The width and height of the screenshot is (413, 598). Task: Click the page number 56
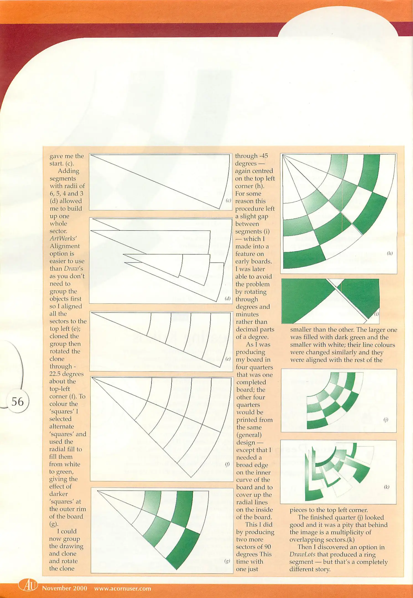pyautogui.click(x=17, y=402)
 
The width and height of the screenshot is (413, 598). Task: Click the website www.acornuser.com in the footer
pyautogui.click(x=123, y=588)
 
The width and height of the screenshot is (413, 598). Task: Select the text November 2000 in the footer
pyautogui.click(x=64, y=588)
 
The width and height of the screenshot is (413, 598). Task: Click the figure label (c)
pyautogui.click(x=228, y=200)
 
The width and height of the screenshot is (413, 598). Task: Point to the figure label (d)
pyautogui.click(x=228, y=298)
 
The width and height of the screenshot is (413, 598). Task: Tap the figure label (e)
pyautogui.click(x=228, y=359)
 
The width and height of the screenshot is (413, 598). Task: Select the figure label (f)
pyautogui.click(x=227, y=465)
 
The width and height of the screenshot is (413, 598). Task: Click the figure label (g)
pyautogui.click(x=227, y=561)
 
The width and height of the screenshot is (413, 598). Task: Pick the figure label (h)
pyautogui.click(x=389, y=253)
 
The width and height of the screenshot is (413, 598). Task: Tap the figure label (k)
pyautogui.click(x=386, y=487)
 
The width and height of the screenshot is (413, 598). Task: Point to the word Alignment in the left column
pyautogui.click(x=64, y=246)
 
